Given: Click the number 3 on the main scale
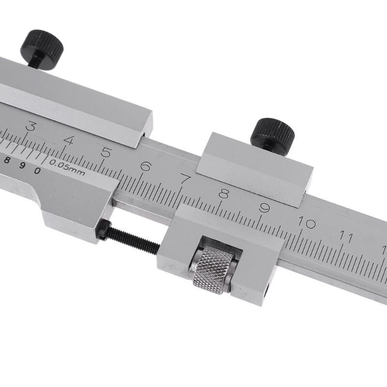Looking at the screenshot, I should click(30, 127).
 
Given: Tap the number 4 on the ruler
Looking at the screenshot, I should click(69, 141).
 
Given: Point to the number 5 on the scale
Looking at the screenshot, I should click(106, 153).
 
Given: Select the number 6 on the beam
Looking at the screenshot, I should click(146, 166).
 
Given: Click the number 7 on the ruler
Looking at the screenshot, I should click(185, 179).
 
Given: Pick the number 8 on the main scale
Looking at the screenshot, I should click(223, 194).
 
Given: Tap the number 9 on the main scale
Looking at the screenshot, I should click(264, 208).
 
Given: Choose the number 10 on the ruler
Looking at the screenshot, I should click(307, 223).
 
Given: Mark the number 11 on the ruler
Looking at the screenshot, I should click(345, 237).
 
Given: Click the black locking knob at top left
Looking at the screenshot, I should click(42, 44).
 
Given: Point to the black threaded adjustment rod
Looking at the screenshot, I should click(133, 240).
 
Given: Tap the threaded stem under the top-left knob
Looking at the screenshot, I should click(35, 61).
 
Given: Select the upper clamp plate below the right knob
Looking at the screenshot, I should click(254, 167).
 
